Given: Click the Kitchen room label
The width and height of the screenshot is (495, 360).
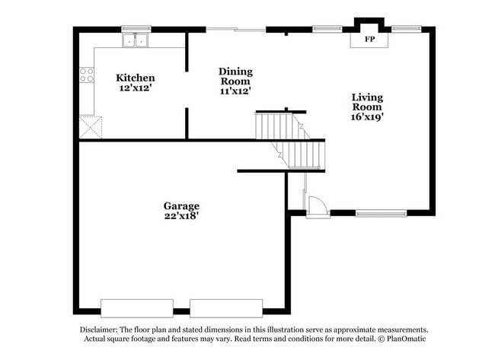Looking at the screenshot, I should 136,78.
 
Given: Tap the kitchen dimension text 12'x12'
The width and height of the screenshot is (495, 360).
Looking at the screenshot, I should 136,88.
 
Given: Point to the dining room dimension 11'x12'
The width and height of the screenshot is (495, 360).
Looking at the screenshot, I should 235,91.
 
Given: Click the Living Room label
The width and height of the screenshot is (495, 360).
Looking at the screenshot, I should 367,102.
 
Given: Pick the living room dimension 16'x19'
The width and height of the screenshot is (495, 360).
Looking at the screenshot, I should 367,117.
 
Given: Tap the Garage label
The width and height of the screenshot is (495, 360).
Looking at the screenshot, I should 181,205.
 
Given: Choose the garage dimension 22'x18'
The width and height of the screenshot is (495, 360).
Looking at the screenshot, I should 181,216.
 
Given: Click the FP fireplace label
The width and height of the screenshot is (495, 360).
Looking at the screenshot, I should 369,39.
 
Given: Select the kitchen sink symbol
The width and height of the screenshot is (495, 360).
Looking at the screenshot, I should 137,40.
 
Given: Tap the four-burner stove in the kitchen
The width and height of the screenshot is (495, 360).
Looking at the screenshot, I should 87,75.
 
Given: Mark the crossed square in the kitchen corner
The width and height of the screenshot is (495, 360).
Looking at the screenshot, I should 90,126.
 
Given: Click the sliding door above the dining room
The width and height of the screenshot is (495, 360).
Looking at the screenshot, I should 236,30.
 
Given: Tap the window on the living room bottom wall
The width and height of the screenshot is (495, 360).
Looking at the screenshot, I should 382,213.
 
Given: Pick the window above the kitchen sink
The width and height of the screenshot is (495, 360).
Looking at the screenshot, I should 136,29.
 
